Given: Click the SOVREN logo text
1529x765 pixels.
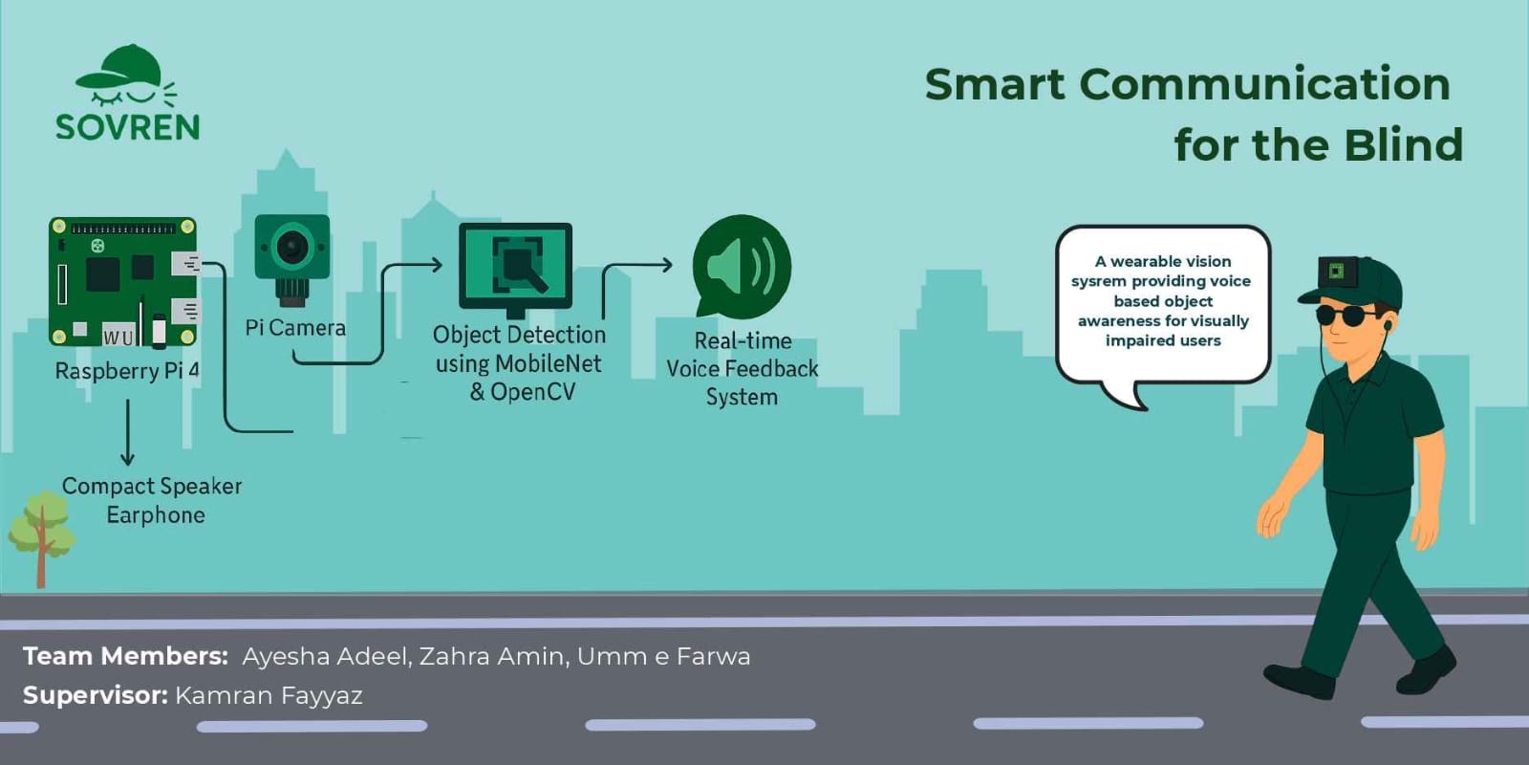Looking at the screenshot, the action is click(128, 127).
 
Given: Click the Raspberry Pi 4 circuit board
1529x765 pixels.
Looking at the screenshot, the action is click(123, 281).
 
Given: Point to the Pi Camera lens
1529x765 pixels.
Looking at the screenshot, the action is click(292, 247).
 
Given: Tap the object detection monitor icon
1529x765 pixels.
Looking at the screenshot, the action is click(515, 270).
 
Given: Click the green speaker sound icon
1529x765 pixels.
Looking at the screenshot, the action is click(742, 267).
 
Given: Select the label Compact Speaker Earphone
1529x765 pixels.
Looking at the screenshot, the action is click(152, 500).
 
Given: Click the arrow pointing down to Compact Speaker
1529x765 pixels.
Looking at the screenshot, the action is click(128, 432).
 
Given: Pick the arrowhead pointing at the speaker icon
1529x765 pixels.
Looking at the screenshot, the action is click(665, 264).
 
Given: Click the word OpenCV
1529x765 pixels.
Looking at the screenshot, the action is click(532, 392).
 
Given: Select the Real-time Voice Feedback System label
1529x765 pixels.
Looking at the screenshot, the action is click(742, 369).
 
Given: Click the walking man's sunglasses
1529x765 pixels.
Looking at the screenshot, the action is click(1344, 316).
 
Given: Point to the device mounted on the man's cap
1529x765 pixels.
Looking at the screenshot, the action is click(1337, 272).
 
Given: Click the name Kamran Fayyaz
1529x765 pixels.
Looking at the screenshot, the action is click(269, 695).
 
